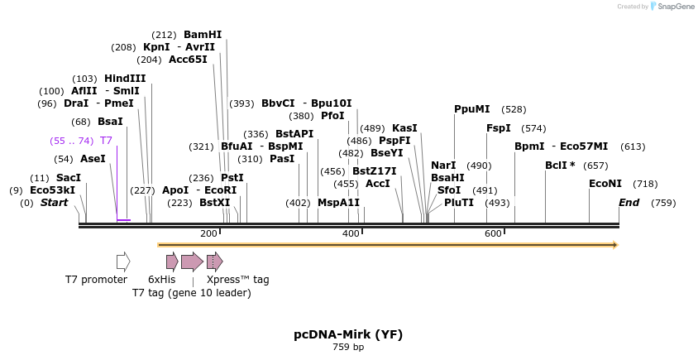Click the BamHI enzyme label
tap(203, 35)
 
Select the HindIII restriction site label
tap(125, 78)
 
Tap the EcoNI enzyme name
tap(605, 183)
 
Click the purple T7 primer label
tap(106, 141)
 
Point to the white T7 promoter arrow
tap(123, 262)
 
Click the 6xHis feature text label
tap(161, 280)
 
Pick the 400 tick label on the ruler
tap(351, 234)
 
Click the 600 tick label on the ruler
tap(493, 234)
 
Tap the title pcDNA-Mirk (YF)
tap(348, 334)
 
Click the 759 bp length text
tap(348, 348)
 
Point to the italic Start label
tap(55, 203)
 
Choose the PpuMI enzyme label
tap(472, 109)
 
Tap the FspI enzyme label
tap(499, 128)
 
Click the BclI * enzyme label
tap(560, 165)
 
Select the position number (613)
tap(633, 146)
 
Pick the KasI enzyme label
tap(404, 128)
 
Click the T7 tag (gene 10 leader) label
tap(192, 292)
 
